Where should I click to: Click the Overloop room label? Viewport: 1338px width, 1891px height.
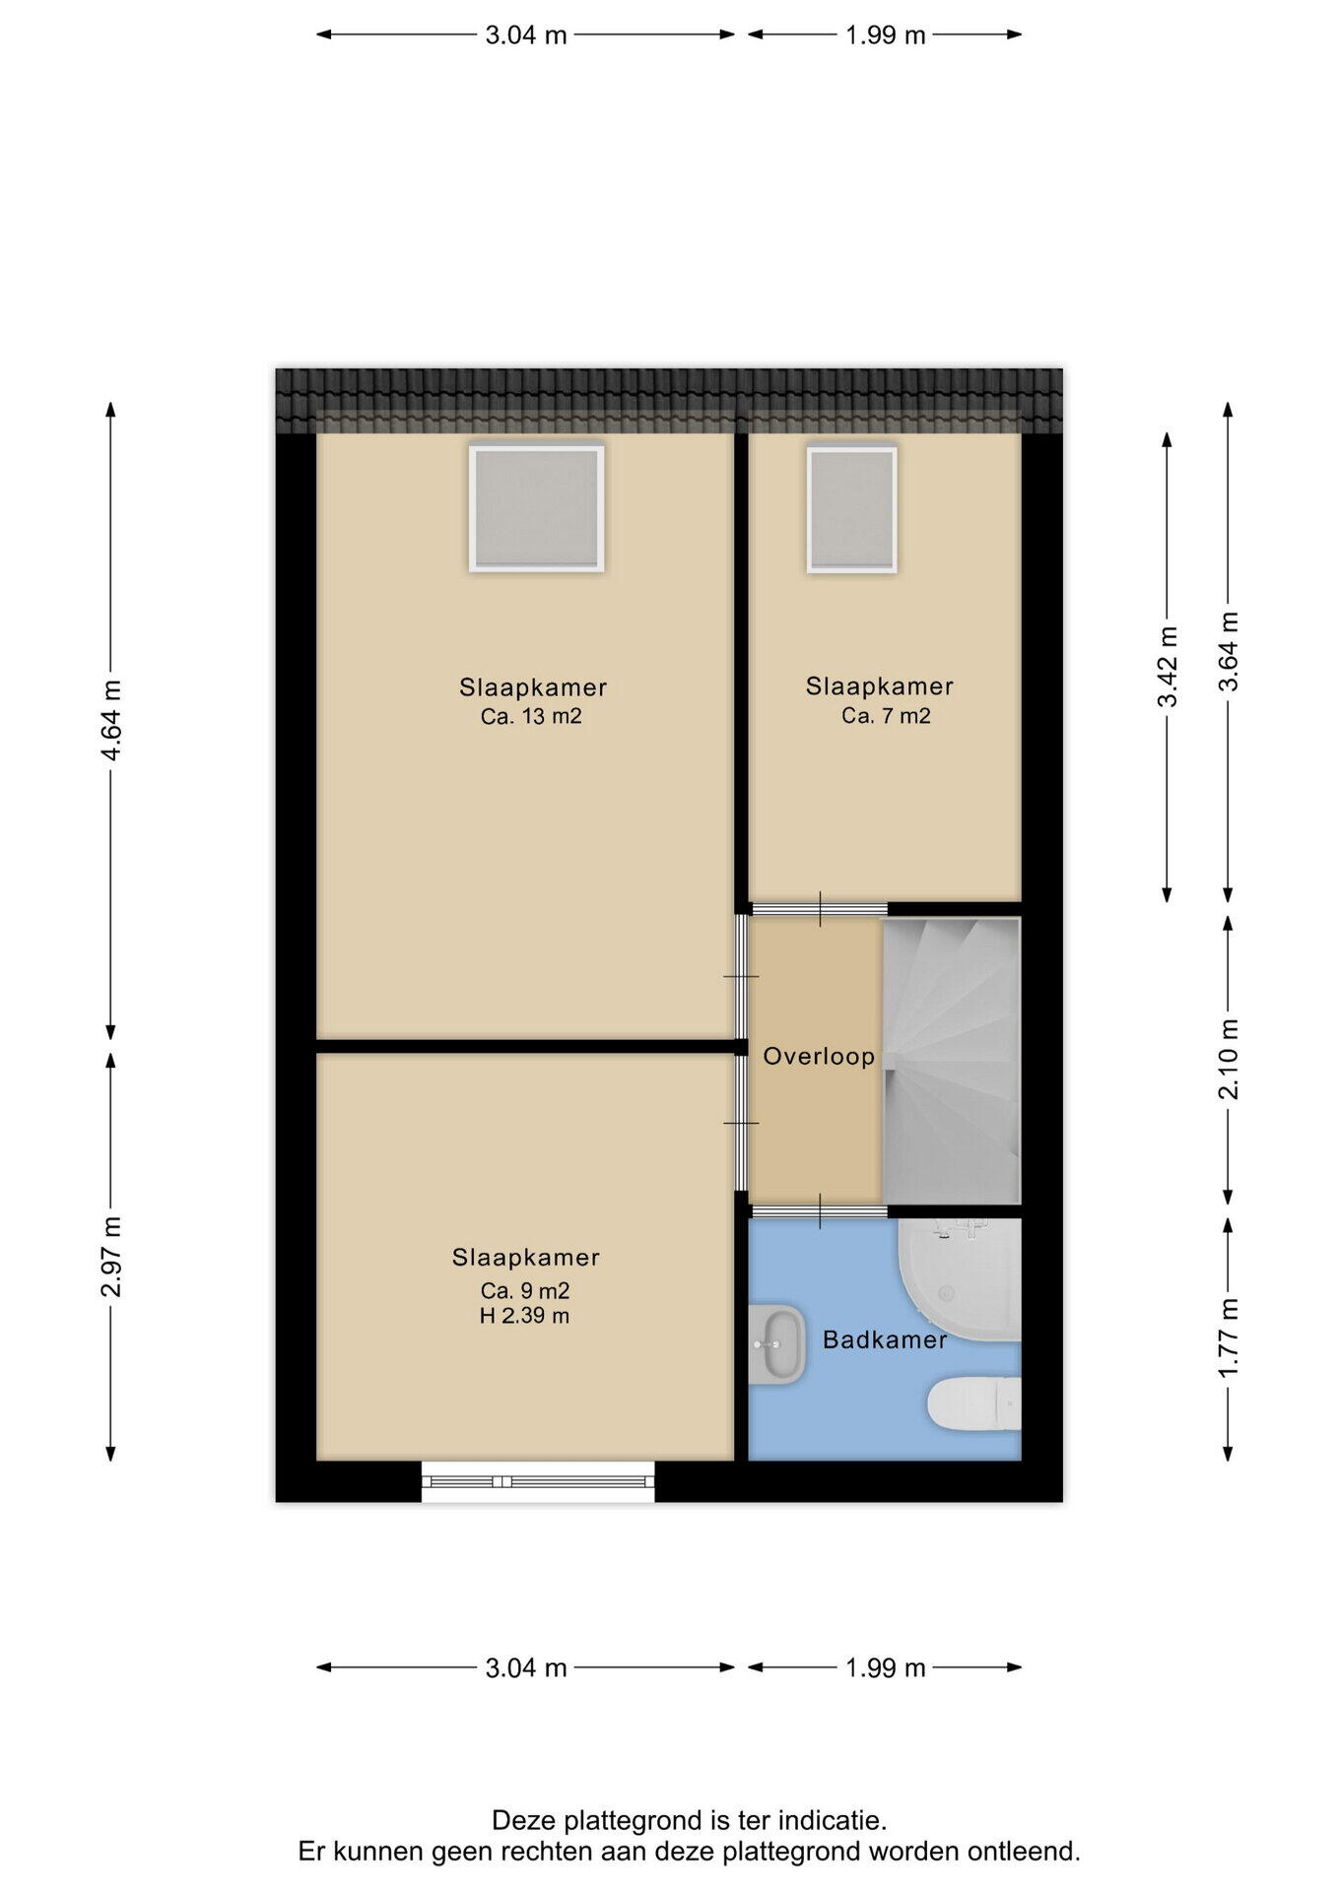(819, 1057)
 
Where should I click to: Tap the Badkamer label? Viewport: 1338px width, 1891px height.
(885, 1339)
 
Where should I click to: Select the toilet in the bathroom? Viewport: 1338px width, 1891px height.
(974, 1402)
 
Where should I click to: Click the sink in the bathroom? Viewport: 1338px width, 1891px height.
(776, 1344)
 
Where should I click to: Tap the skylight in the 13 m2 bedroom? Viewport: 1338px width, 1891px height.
(536, 508)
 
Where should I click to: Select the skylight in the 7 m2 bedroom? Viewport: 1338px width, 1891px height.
(851, 509)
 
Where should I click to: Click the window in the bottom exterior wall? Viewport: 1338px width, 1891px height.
(538, 1481)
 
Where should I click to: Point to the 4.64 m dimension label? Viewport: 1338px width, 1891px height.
(111, 720)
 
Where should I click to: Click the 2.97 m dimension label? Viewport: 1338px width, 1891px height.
(111, 1256)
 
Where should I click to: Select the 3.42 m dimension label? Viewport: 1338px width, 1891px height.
(1168, 667)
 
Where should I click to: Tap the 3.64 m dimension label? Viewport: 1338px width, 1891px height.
(1229, 651)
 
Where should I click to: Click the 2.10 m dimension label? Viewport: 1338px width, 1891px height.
(1229, 1059)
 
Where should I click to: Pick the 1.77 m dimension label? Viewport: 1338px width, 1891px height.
(1229, 1338)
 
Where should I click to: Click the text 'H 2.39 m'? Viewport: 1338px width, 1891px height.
(524, 1316)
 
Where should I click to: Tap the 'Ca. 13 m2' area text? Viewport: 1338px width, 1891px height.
(531, 716)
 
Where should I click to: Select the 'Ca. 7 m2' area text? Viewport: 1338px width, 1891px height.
(886, 716)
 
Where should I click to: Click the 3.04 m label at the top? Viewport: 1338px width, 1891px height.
(526, 35)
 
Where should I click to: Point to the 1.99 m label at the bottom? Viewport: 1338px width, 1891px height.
(886, 1667)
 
